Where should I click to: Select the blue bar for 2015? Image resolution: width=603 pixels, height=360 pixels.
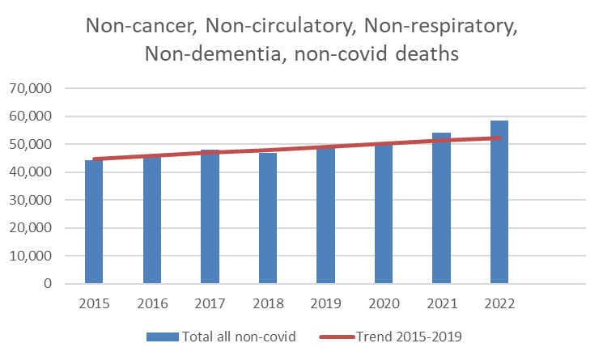pyautogui.click(x=94, y=222)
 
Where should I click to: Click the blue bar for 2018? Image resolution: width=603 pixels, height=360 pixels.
pyautogui.click(x=267, y=218)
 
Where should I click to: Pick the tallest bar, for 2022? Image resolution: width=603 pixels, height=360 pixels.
pyautogui.click(x=499, y=202)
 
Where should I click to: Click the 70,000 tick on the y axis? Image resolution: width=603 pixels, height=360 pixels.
pyautogui.click(x=36, y=88)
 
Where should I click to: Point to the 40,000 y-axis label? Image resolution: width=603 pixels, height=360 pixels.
pyautogui.click(x=36, y=172)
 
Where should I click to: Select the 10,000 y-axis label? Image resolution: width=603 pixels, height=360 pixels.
pyautogui.click(x=36, y=256)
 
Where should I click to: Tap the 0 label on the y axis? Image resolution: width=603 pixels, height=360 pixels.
pyautogui.click(x=49, y=284)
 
